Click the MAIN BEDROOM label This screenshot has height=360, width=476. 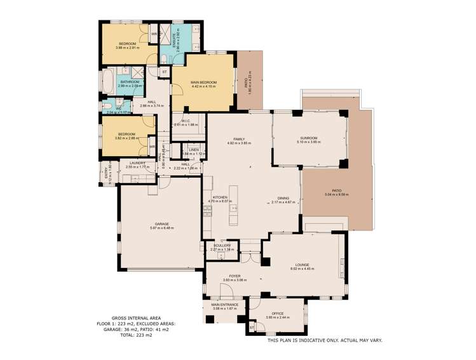(203, 82)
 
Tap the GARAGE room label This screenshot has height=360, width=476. (161, 223)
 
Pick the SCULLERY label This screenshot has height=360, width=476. (222, 245)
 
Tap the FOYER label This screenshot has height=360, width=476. (229, 276)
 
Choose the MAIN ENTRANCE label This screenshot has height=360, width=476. (225, 305)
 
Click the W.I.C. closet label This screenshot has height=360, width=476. (186, 121)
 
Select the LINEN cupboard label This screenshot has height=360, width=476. (193, 150)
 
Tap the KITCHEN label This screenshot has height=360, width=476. (220, 197)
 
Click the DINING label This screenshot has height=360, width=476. (283, 197)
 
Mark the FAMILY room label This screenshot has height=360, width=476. (239, 138)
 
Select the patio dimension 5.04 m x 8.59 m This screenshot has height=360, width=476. (337, 194)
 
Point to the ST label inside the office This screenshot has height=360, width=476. (252, 328)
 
